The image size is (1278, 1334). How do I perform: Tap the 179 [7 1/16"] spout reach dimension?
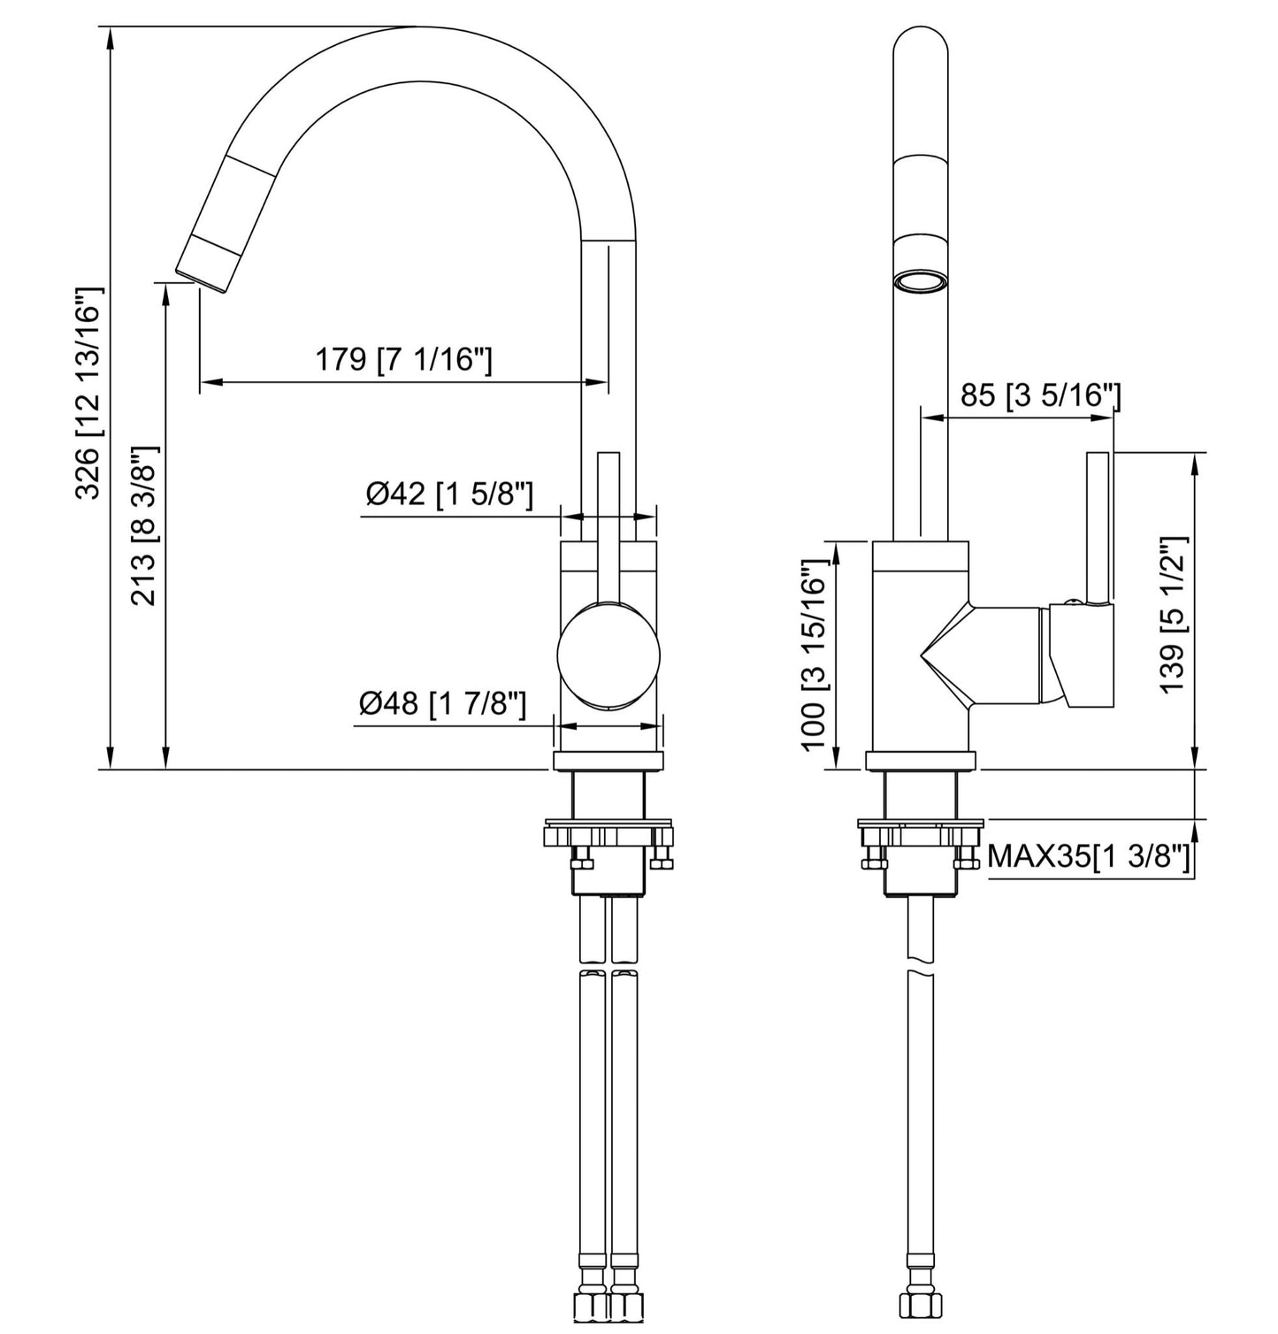[404, 360]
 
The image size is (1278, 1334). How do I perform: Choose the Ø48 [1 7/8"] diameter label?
[443, 705]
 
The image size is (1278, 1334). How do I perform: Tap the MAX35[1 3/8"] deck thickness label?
[1090, 856]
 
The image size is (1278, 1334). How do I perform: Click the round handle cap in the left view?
[609, 655]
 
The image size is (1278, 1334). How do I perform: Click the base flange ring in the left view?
[608, 761]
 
